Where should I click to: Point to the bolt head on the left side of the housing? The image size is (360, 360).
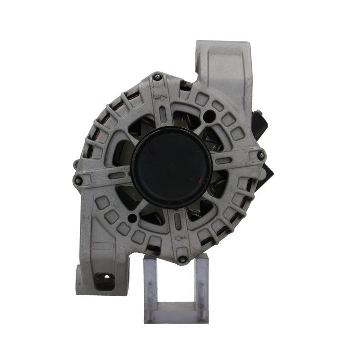79,180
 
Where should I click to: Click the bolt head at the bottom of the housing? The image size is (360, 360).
182,260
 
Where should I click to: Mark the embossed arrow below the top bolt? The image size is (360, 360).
161,98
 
